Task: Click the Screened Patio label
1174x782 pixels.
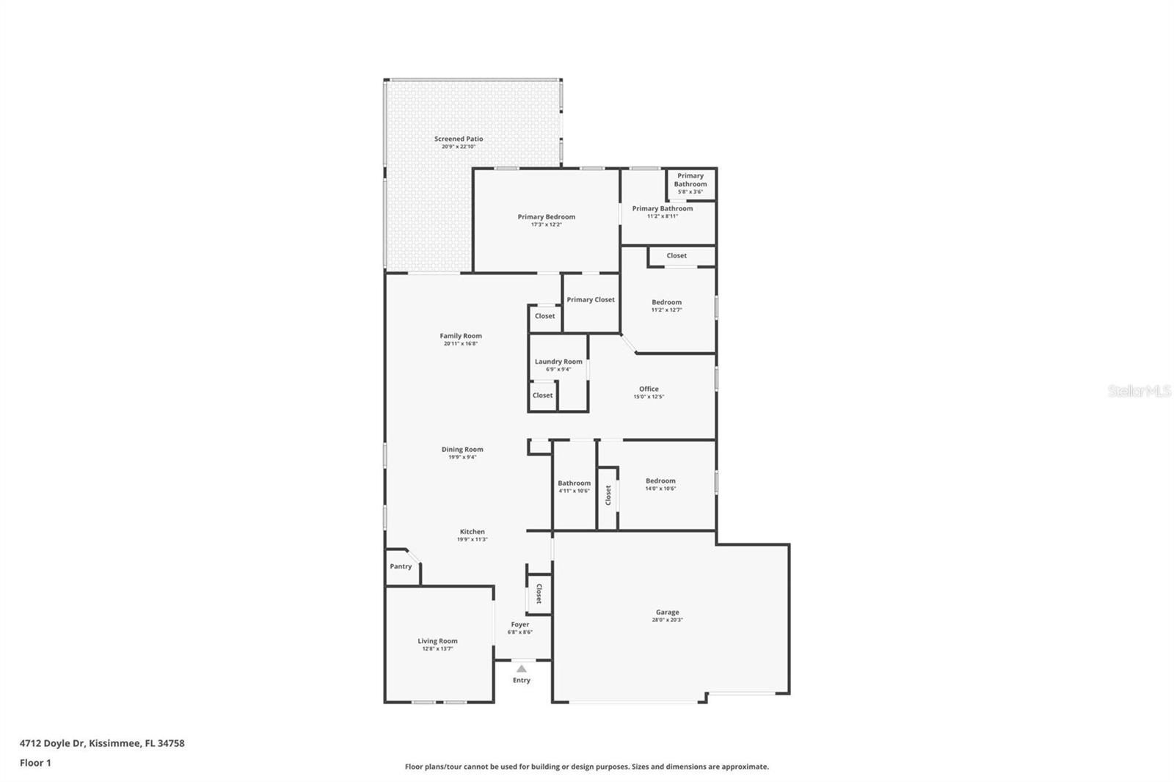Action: [x=459, y=139]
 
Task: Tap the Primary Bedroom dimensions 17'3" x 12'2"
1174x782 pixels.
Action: [x=547, y=224]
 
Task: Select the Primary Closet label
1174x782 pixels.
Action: [x=591, y=299]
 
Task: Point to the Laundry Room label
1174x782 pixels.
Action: [x=558, y=362]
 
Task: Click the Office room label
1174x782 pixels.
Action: [x=649, y=389]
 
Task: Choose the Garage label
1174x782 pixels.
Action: [x=667, y=612]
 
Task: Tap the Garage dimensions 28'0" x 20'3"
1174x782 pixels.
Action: [x=667, y=620]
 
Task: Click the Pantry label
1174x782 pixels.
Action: [x=401, y=566]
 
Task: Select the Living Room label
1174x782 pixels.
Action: [x=437, y=641]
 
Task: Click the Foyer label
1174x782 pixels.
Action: [x=520, y=624]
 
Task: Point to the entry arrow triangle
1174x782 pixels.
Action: [x=521, y=668]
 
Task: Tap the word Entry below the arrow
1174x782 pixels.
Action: [x=521, y=680]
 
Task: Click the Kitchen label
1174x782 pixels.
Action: [x=473, y=532]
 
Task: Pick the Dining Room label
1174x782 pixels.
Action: [x=462, y=450]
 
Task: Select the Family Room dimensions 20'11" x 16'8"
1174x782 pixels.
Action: [x=461, y=343]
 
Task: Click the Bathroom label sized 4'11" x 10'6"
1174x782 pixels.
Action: [x=574, y=483]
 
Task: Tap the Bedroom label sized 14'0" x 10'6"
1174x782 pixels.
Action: [x=660, y=481]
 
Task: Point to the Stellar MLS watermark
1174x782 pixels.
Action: [x=1140, y=391]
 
